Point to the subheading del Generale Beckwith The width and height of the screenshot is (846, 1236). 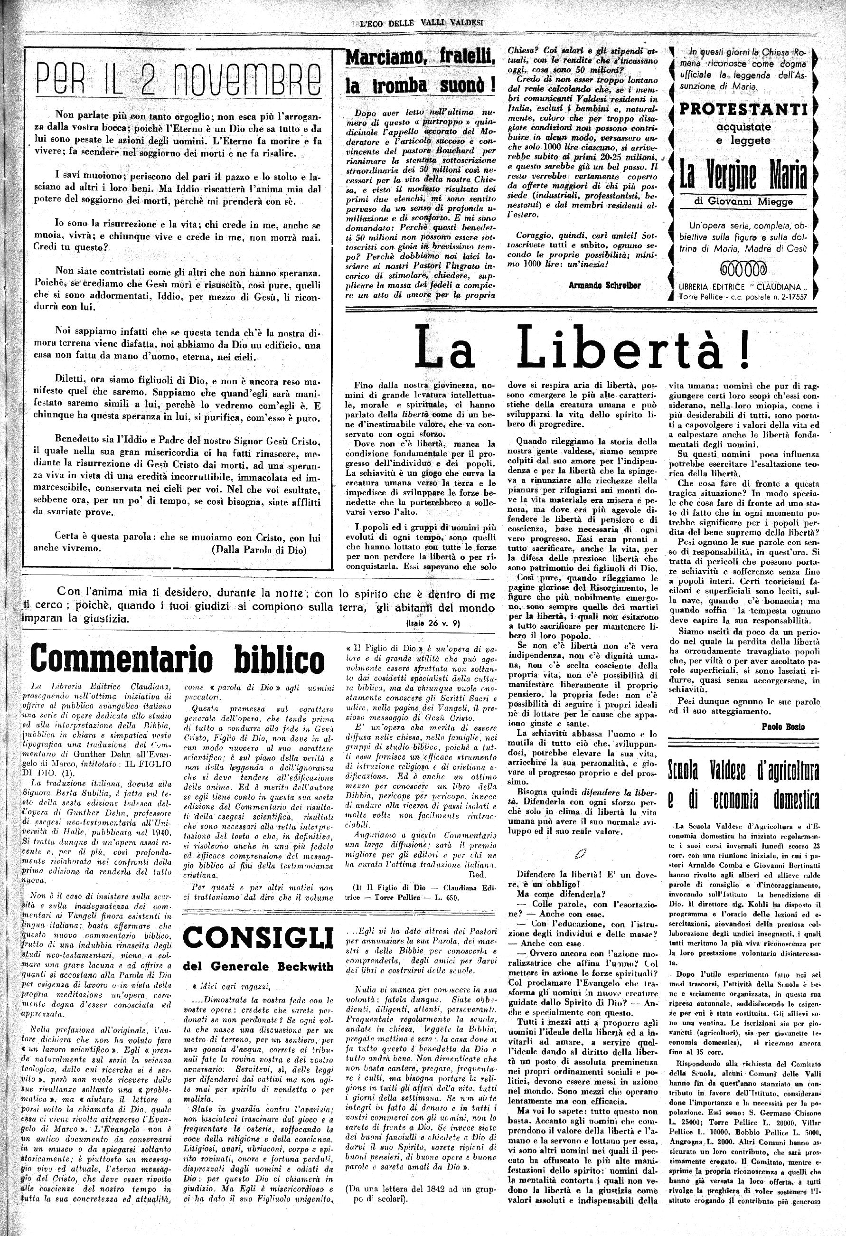click(258, 965)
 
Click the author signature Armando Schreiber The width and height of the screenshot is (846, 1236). click(604, 285)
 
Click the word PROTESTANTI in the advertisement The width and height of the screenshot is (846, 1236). click(744, 110)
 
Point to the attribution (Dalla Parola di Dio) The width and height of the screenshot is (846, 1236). click(258, 550)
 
